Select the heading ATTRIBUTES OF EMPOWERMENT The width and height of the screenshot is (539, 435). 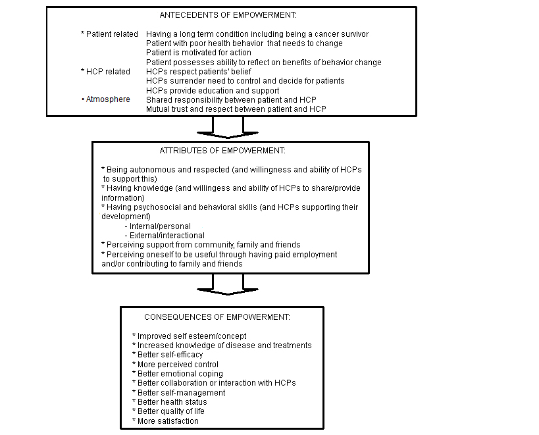[x=222, y=151]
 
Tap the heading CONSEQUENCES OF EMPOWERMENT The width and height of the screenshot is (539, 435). [x=217, y=317]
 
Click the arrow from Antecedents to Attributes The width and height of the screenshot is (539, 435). [x=228, y=128]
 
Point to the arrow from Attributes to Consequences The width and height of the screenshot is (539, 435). [x=228, y=285]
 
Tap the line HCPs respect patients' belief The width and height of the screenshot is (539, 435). [x=195, y=71]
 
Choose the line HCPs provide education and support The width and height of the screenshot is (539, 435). [x=213, y=90]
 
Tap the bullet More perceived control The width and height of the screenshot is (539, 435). [x=175, y=364]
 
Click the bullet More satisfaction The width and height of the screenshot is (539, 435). [x=165, y=421]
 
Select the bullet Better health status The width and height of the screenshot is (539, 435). [x=169, y=401]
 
